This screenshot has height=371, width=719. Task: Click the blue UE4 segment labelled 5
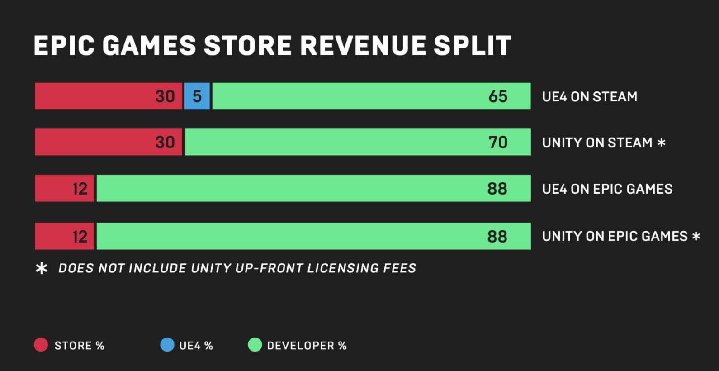[197, 96]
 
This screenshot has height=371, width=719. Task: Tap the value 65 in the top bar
[498, 96]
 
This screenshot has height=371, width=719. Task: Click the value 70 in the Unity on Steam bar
[498, 143]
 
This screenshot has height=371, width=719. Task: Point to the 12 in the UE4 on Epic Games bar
[80, 189]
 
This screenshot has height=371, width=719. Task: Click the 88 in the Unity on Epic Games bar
[497, 237]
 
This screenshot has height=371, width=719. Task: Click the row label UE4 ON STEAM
[590, 97]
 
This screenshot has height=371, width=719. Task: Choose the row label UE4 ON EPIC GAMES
[607, 189]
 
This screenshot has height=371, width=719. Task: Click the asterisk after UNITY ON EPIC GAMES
[696, 236]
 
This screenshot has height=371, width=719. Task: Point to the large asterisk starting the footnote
[41, 269]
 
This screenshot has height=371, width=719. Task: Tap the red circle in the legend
[41, 345]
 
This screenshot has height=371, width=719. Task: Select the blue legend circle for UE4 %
[167, 345]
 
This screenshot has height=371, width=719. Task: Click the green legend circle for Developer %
[255, 345]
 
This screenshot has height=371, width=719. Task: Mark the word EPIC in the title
[64, 46]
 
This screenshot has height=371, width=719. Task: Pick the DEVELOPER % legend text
[307, 346]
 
